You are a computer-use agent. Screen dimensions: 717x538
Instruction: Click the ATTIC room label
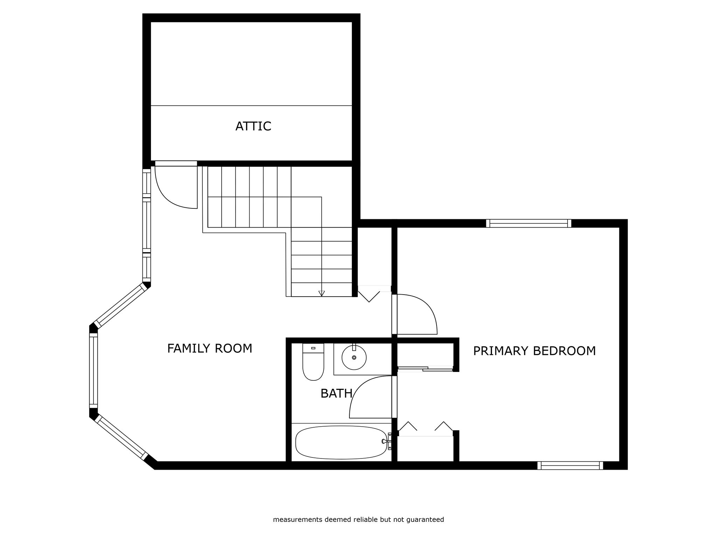point(253,126)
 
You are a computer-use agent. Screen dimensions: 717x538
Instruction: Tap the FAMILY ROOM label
point(210,349)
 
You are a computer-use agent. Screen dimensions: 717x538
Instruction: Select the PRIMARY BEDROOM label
point(534,351)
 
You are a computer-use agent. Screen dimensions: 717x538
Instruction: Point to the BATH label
point(336,394)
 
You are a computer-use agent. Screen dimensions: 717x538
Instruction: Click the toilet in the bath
point(313,362)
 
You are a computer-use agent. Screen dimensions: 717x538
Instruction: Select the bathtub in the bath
point(341,442)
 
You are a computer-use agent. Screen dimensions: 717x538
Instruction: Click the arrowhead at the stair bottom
point(322,294)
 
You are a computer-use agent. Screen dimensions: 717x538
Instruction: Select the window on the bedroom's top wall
point(529,223)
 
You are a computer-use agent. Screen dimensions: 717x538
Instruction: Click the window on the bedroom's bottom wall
point(570,465)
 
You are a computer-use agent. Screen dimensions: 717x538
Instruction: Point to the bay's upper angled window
point(121,305)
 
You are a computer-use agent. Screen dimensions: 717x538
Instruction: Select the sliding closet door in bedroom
point(425,368)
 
